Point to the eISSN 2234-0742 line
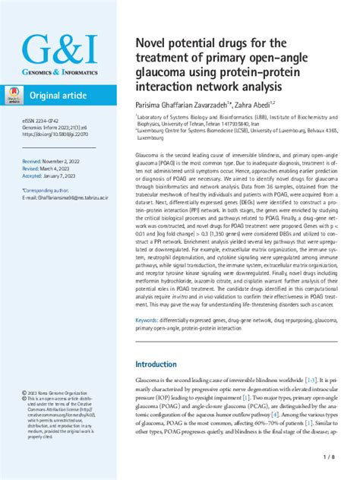click(x=43, y=119)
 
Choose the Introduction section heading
click(x=166, y=365)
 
